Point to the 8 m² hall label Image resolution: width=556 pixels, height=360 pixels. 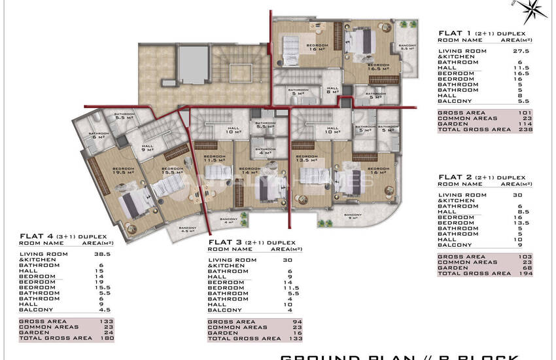(x=332, y=91)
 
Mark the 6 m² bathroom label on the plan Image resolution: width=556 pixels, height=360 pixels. (x=97, y=135)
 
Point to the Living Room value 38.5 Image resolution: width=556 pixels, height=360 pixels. (x=107, y=253)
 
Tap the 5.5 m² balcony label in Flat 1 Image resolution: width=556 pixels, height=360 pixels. (x=407, y=46)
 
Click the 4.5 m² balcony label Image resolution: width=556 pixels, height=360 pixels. (x=188, y=229)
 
